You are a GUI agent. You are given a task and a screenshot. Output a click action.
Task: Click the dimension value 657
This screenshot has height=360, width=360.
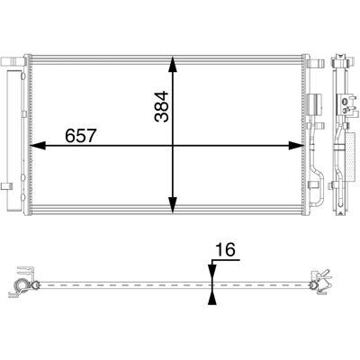point(80,136)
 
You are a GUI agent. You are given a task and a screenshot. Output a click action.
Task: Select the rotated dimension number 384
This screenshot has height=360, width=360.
point(162,106)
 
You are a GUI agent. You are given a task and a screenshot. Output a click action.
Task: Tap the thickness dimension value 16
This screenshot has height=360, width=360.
point(225,249)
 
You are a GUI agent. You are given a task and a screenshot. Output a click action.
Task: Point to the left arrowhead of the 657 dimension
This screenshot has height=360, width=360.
point(38,146)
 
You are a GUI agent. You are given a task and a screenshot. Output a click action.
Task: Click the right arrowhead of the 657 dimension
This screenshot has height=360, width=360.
point(296,146)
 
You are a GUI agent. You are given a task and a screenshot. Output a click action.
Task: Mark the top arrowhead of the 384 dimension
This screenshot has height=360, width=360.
point(173,64)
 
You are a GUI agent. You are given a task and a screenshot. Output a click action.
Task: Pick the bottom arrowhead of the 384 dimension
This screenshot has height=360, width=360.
point(173,205)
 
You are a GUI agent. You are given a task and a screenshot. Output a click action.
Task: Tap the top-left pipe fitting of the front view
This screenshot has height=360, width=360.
point(13,62)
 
